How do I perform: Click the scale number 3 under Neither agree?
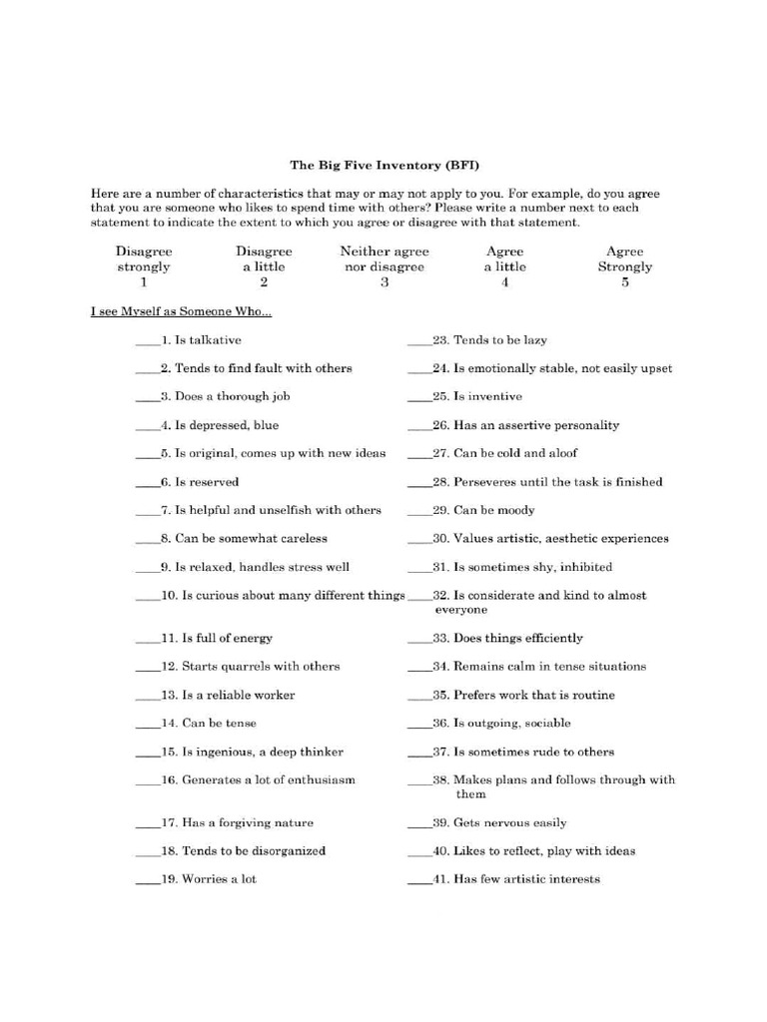point(383,282)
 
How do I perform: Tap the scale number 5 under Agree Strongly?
point(625,282)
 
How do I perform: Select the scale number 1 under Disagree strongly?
point(144,282)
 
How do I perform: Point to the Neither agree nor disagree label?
point(383,259)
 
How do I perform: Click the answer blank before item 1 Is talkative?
point(147,341)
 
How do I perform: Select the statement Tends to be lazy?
point(500,340)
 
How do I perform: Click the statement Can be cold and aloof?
point(515,453)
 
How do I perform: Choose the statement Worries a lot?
point(219,879)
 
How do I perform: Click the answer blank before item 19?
point(147,881)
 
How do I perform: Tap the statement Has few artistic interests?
point(526,879)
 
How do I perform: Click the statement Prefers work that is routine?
point(534,695)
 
